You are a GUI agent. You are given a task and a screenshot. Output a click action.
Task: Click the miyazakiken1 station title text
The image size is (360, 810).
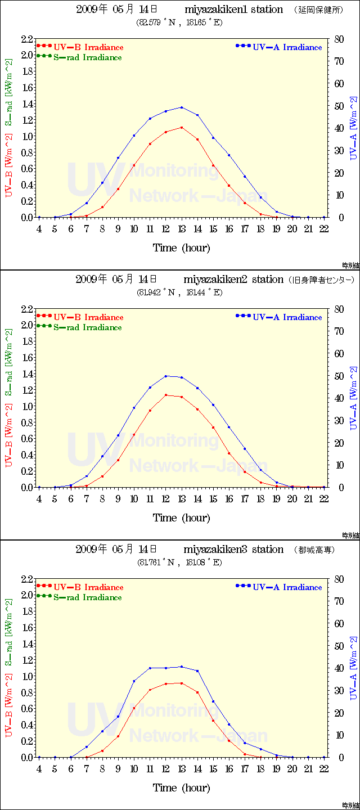click(x=233, y=10)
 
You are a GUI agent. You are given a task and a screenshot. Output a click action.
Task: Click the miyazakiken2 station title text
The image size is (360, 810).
click(x=233, y=280)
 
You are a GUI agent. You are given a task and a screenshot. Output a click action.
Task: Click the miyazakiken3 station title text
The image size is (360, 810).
click(x=233, y=550)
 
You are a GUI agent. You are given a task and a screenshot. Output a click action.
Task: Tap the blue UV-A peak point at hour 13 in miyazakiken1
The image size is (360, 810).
click(x=182, y=107)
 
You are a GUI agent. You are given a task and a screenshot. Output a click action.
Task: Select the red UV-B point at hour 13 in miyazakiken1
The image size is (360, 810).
click(x=182, y=127)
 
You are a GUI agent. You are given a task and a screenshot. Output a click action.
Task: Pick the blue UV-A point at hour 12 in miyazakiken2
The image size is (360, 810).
click(x=166, y=376)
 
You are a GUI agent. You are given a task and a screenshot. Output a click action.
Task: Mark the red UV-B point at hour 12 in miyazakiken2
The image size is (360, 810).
click(x=166, y=395)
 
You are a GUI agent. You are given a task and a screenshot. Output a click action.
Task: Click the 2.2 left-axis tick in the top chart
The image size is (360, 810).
click(x=26, y=39)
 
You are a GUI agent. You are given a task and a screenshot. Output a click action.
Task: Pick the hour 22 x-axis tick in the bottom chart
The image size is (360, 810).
click(x=324, y=768)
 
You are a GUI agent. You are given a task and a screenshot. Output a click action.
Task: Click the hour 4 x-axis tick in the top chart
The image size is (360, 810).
click(x=39, y=228)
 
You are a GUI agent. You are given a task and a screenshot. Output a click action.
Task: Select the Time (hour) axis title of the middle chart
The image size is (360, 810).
click(x=181, y=517)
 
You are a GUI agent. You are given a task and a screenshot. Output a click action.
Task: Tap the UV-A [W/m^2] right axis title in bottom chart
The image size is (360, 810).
click(x=353, y=668)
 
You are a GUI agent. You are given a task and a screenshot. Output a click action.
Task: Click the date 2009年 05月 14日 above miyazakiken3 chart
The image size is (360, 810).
click(x=116, y=550)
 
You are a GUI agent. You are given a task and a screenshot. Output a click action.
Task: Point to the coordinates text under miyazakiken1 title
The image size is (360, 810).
click(x=179, y=22)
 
